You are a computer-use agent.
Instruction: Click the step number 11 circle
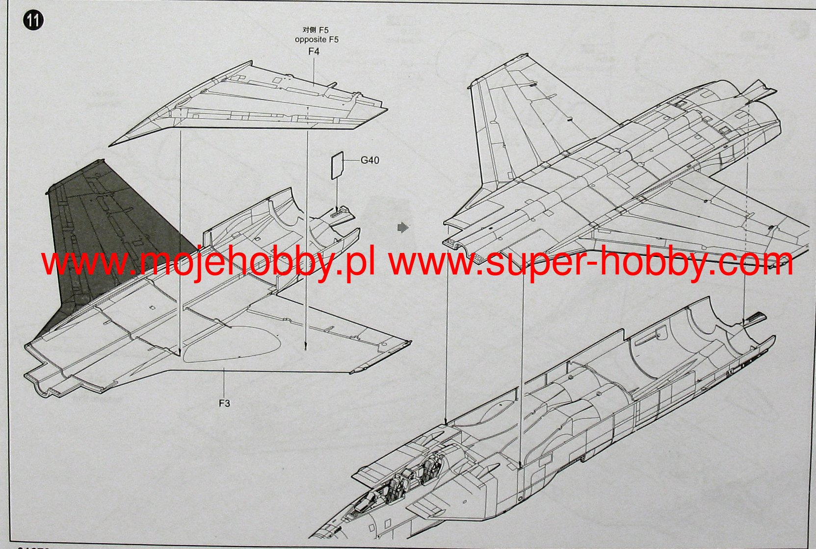(x=33, y=21)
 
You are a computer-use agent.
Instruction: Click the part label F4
(x=314, y=51)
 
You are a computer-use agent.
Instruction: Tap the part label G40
(x=369, y=160)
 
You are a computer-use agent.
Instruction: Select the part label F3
(x=224, y=403)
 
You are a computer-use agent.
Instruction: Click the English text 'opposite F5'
(x=316, y=39)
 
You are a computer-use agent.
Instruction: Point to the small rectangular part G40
(x=336, y=165)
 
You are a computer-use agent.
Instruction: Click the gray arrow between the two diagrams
(x=403, y=227)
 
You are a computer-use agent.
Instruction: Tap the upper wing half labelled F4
(x=255, y=103)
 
